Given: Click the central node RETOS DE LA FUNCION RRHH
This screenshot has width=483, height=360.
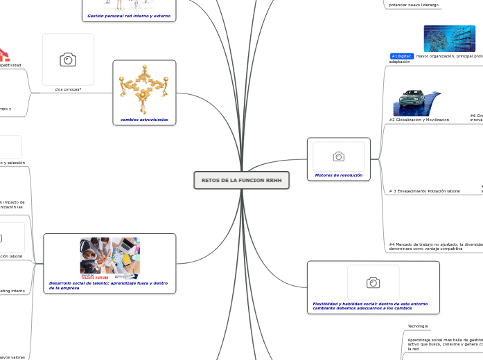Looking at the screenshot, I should [x=241, y=180].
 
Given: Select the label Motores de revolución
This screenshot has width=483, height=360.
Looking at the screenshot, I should [x=338, y=175].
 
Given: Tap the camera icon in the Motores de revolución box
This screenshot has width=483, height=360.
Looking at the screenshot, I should [x=338, y=156].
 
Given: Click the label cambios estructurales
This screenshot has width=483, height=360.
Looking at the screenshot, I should [x=144, y=120].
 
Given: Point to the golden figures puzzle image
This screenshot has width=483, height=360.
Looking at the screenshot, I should [x=144, y=89].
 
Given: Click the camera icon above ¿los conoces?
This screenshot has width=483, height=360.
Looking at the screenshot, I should [x=68, y=60].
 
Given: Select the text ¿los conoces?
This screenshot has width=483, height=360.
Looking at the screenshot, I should [x=68, y=89].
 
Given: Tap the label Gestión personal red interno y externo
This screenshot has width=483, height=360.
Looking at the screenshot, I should [x=129, y=15].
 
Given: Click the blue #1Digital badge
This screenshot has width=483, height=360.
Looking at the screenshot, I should [x=402, y=56].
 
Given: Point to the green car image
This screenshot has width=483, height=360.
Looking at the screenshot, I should [x=416, y=102].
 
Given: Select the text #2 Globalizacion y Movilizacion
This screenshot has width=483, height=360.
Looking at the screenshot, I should [x=419, y=120].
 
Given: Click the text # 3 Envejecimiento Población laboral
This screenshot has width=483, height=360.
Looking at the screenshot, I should [x=424, y=191].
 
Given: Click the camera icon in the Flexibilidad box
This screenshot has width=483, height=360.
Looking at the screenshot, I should [x=373, y=282].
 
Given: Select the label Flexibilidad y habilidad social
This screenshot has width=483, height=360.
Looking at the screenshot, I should [x=370, y=306].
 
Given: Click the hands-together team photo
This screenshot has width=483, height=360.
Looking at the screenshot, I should [x=109, y=258].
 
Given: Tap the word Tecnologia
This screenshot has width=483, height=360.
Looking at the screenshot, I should [x=418, y=326].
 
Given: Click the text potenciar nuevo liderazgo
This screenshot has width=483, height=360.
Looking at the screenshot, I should [x=414, y=5].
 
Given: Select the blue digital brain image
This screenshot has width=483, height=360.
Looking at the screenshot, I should [x=449, y=39].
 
